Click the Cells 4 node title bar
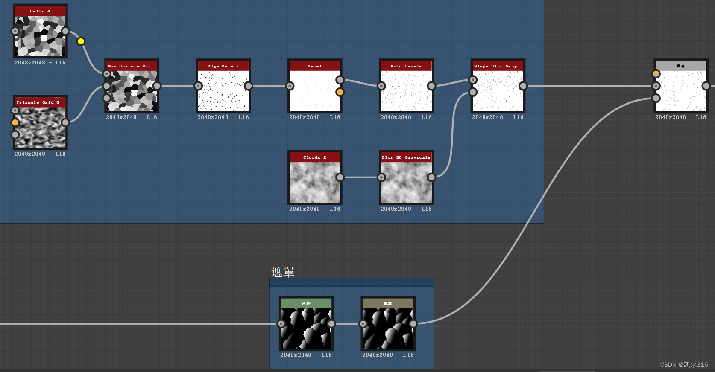(40, 11)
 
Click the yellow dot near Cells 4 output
(81, 41)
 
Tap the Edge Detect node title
(223, 66)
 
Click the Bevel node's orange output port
(340, 92)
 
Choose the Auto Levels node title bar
(406, 66)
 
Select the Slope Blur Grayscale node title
(498, 66)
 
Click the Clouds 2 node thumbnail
(315, 182)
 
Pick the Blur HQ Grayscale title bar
(406, 157)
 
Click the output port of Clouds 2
(340, 177)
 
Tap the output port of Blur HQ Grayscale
(431, 177)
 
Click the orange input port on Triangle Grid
(15, 123)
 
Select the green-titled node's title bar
(306, 303)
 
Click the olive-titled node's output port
(413, 324)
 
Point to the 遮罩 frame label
(283, 272)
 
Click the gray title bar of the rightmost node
(680, 66)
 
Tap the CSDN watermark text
(684, 365)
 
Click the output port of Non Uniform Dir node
(157, 86)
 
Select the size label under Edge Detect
(223, 117)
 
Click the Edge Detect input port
(199, 86)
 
